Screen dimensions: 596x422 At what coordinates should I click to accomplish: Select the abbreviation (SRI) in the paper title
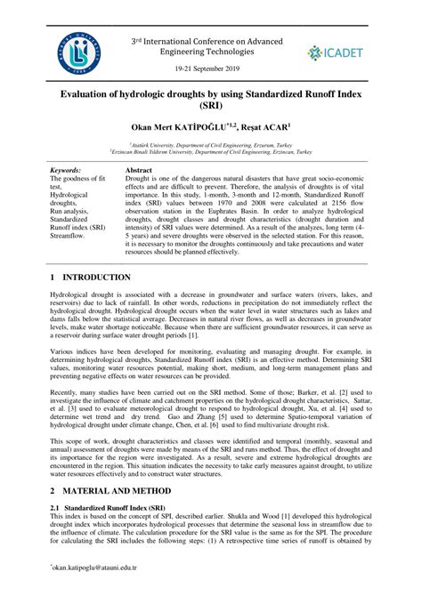tap(212, 105)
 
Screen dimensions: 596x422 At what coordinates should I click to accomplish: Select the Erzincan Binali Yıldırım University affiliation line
tap(211, 152)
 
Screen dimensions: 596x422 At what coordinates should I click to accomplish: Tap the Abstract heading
tap(141, 169)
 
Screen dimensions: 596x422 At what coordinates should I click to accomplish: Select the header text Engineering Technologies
tap(210, 52)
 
